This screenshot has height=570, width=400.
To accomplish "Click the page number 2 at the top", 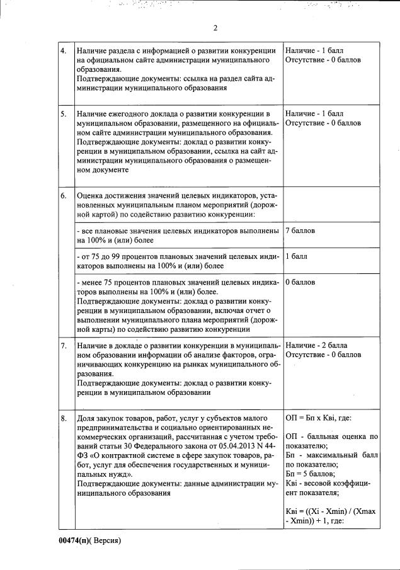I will [215, 28].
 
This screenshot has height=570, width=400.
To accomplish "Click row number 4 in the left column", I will [64, 50].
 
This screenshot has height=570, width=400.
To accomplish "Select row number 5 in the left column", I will [64, 114].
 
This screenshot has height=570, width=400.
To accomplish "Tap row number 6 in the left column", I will [64, 196].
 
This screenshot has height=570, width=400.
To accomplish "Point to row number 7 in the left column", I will [64, 346].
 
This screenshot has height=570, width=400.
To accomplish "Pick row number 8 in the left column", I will [64, 418].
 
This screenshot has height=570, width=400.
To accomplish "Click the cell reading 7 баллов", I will [300, 231].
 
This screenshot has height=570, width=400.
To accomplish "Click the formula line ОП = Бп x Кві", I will [318, 418].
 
